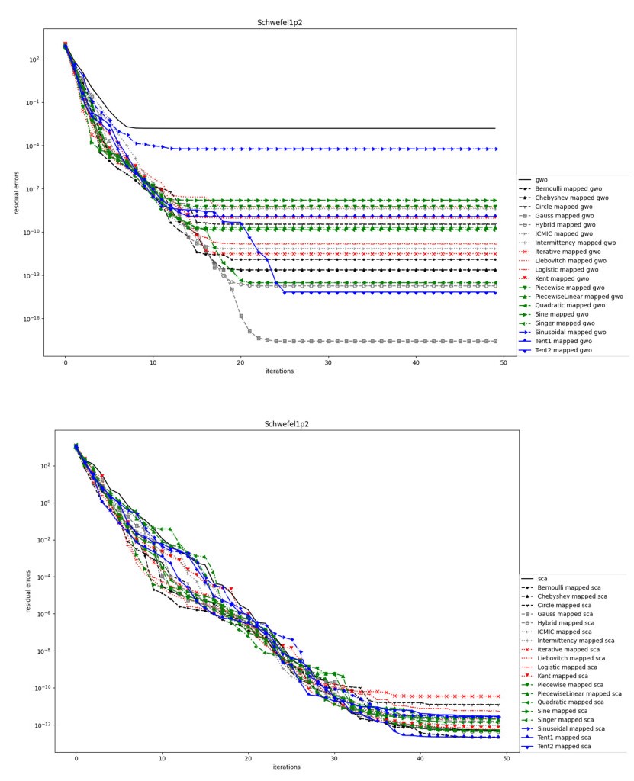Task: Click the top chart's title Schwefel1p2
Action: (x=279, y=23)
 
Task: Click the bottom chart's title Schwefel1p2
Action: (x=287, y=424)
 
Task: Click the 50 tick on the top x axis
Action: (x=504, y=364)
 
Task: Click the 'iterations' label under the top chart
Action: (x=279, y=371)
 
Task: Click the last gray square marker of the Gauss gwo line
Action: (x=495, y=341)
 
